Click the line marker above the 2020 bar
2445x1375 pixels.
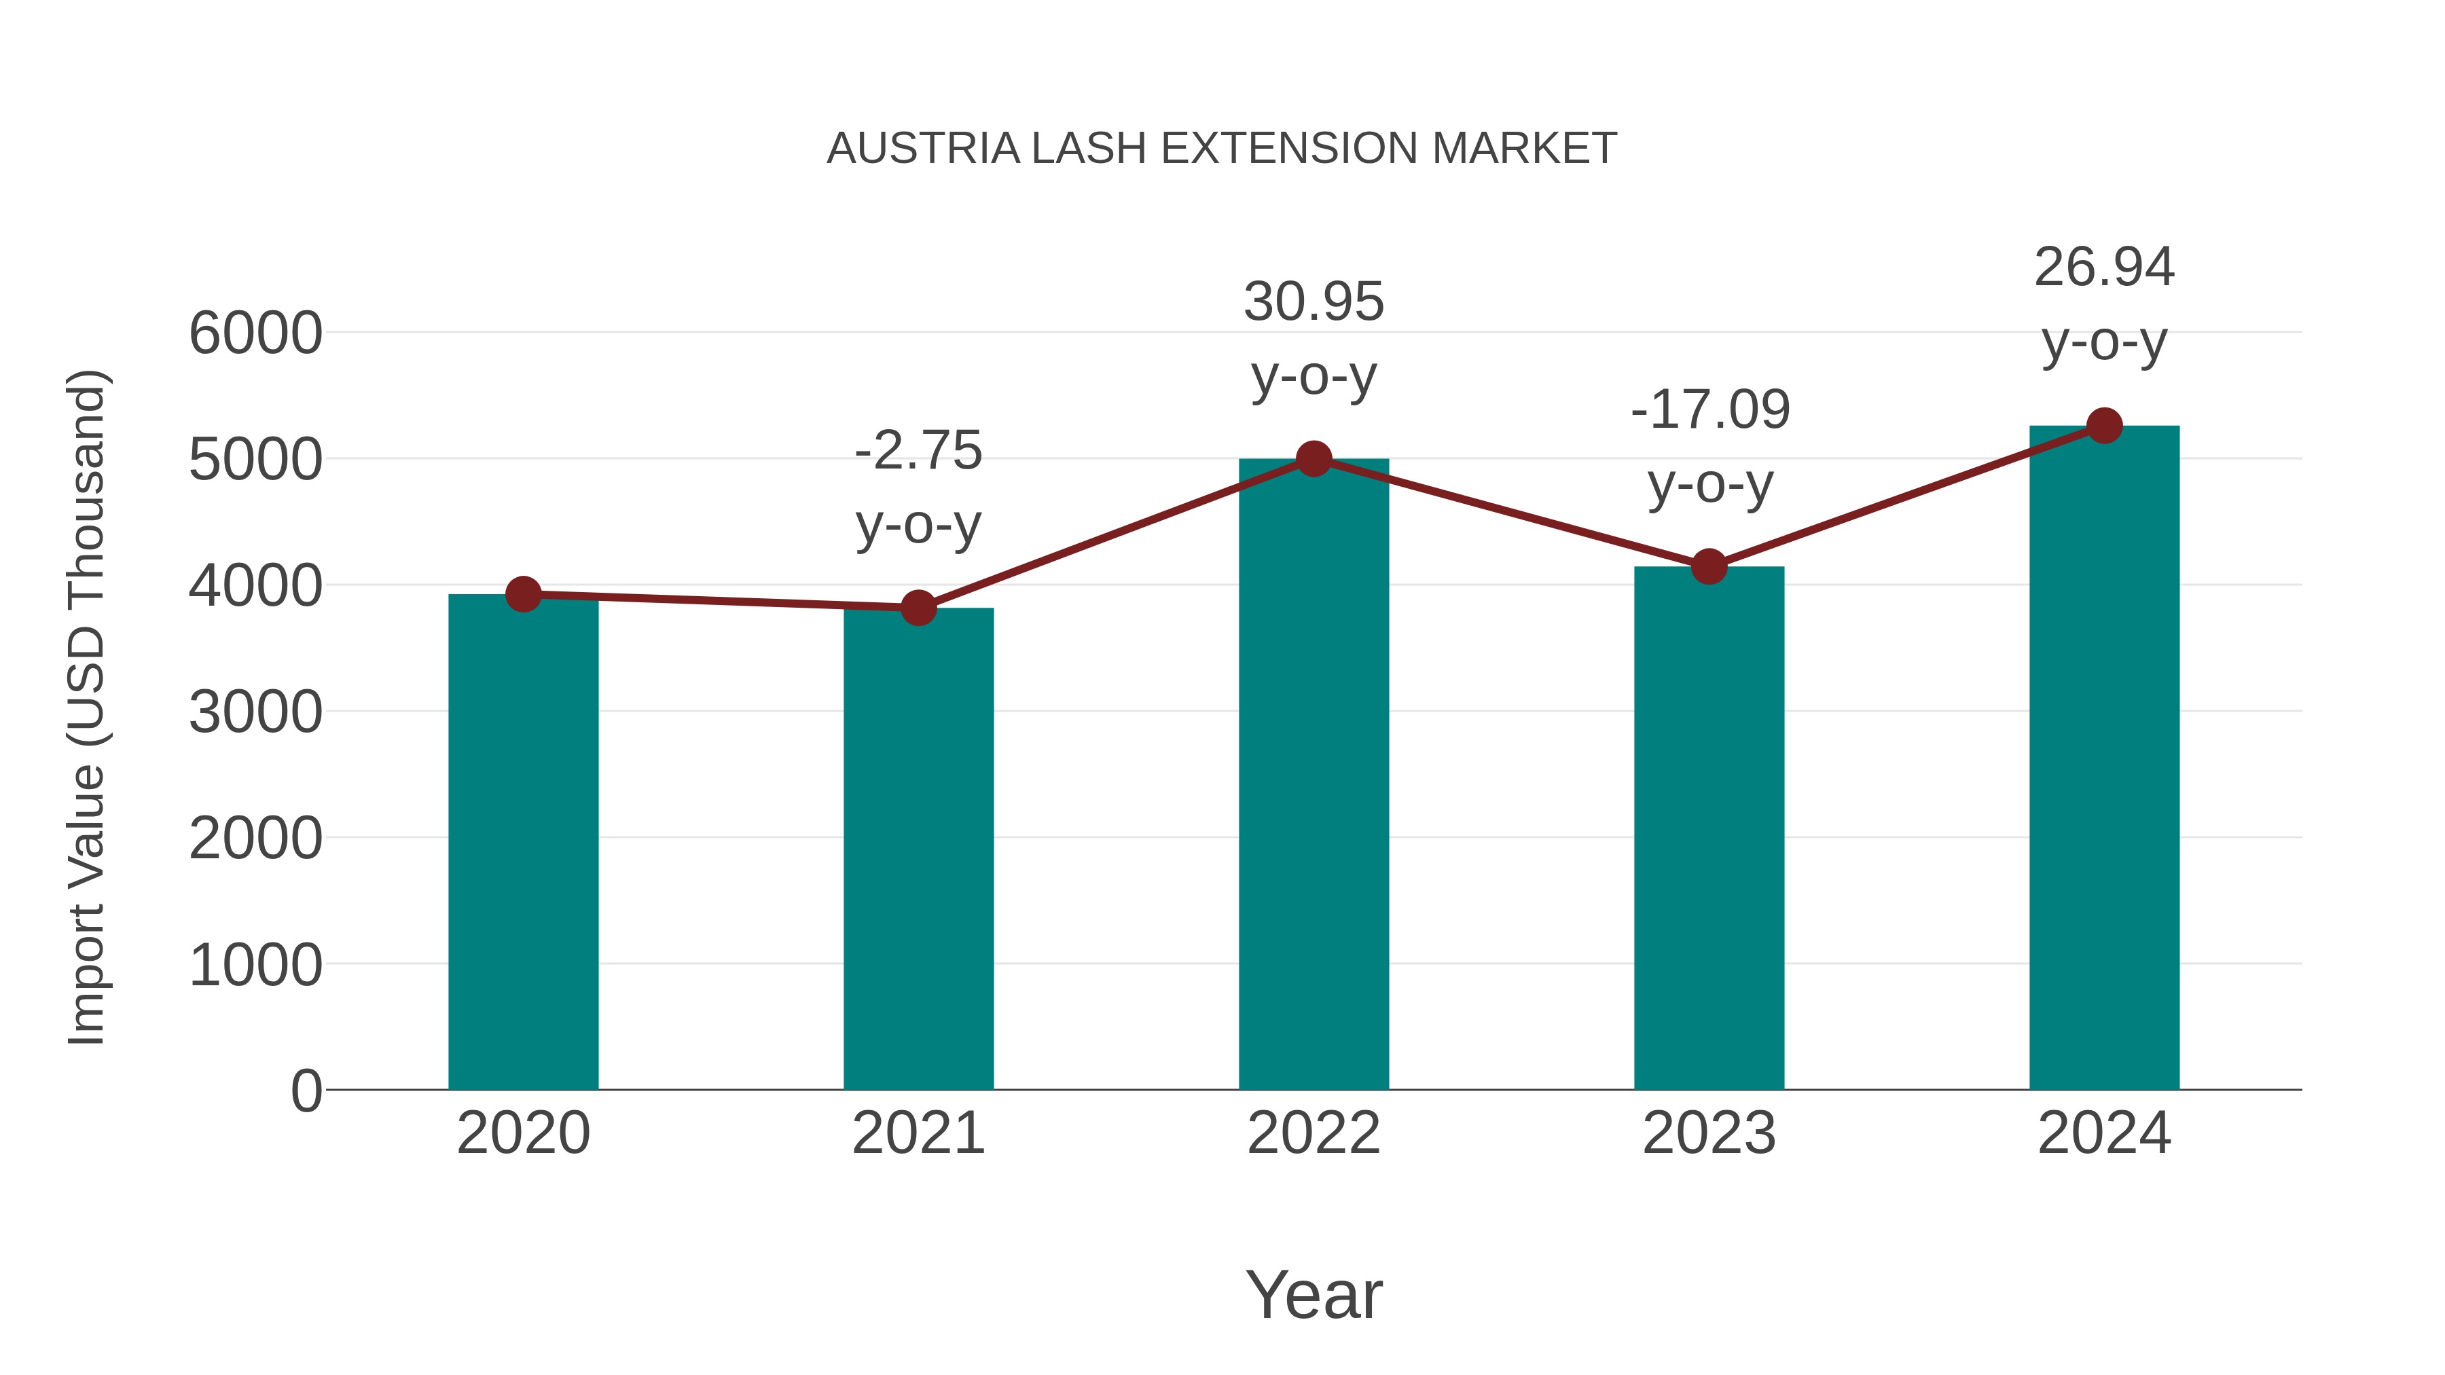(523, 595)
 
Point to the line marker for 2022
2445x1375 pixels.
(1314, 459)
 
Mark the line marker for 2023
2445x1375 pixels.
(1709, 566)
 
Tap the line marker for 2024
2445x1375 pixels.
(2104, 426)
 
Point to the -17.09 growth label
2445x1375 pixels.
(1709, 410)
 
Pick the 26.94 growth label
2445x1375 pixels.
(2104, 267)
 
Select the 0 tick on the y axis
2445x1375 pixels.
(306, 1090)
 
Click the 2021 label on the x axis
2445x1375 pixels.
(918, 1133)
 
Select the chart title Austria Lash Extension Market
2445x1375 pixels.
(1222, 148)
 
